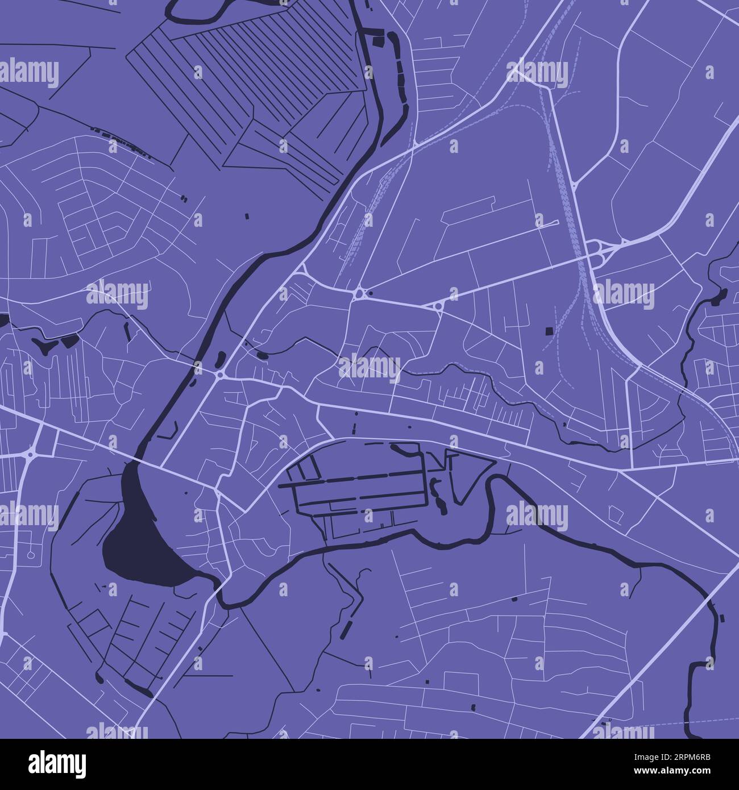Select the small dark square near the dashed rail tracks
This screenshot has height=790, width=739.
point(549,331)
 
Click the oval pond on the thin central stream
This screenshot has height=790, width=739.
point(261,356)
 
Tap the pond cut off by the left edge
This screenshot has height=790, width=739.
point(3,319)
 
